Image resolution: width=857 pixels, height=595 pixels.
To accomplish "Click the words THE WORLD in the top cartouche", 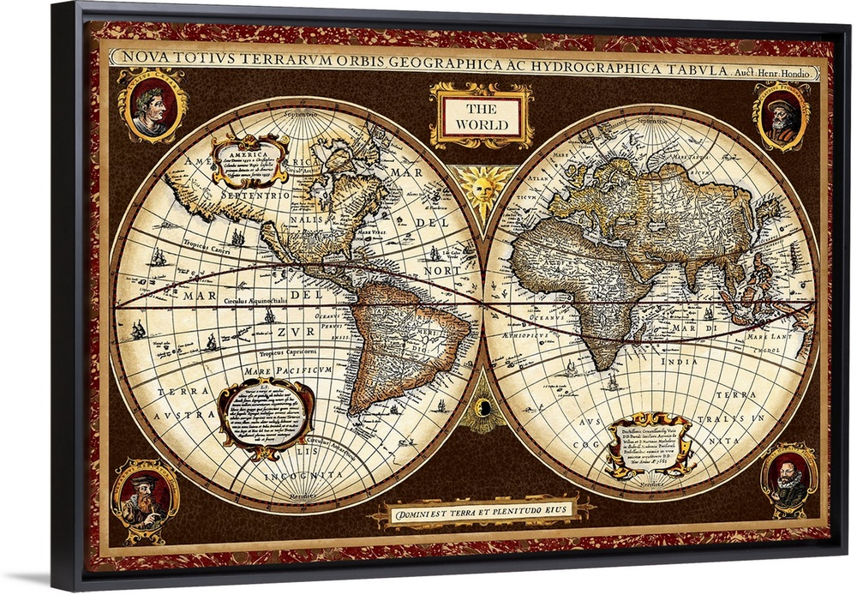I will (481, 116).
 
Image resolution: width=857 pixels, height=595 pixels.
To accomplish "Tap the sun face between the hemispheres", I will (482, 184).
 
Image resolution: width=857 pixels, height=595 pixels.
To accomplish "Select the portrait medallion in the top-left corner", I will (152, 105).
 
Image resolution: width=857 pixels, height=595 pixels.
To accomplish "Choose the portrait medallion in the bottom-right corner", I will (788, 480).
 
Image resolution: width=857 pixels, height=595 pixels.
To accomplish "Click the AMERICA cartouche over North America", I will (251, 159).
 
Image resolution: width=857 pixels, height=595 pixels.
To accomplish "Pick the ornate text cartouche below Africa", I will (650, 444).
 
